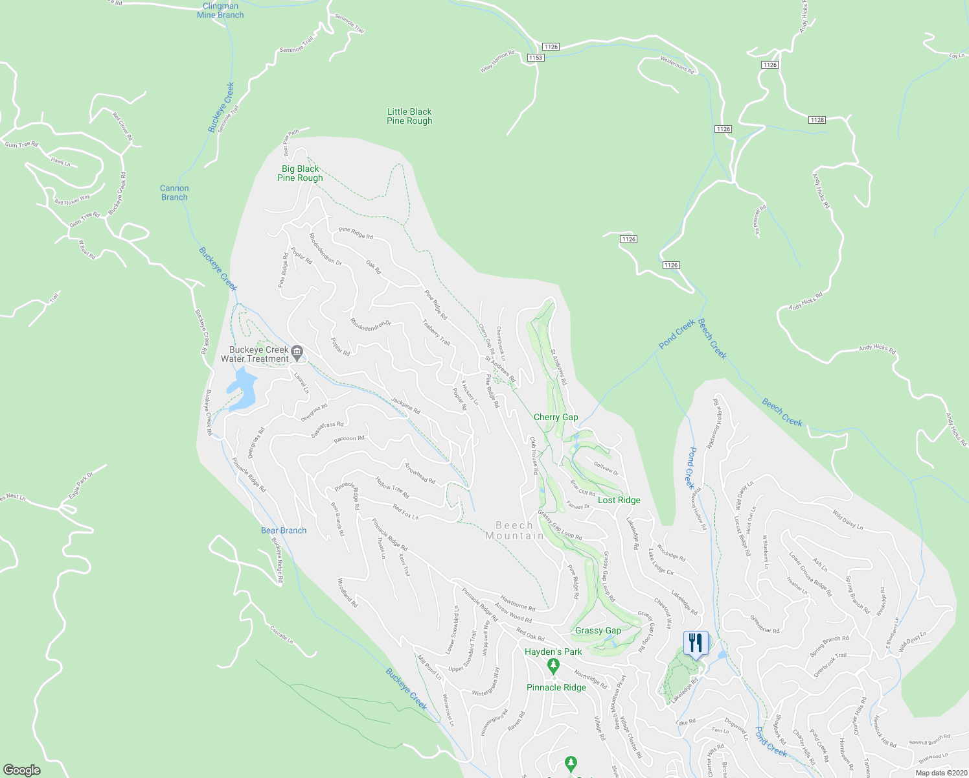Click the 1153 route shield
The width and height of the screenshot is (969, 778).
(535, 58)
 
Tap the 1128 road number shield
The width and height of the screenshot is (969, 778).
(817, 120)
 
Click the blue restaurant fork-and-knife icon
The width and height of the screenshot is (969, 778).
(696, 643)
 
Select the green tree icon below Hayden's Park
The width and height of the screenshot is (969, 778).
(553, 665)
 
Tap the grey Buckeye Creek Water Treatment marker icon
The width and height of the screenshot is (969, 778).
(297, 353)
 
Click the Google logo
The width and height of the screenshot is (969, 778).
(22, 770)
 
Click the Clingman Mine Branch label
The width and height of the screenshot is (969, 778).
(220, 11)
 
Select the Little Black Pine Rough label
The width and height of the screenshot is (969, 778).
(409, 117)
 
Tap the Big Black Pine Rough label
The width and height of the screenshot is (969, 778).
(300, 173)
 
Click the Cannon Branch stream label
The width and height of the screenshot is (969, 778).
(174, 193)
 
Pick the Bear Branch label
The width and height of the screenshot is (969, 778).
(284, 530)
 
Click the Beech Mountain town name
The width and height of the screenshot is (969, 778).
(515, 530)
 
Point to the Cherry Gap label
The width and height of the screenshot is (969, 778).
(556, 417)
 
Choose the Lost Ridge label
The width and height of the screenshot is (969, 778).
(619, 500)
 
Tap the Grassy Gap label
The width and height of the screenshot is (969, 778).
(598, 630)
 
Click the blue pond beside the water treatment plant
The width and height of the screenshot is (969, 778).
(242, 389)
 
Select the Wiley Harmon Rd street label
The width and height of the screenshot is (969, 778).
(497, 62)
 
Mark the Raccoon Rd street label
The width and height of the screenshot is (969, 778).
(349, 439)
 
